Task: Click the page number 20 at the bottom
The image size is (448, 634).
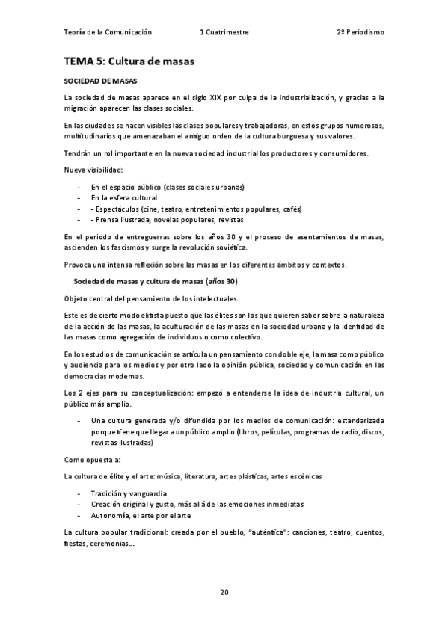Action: pos(224,592)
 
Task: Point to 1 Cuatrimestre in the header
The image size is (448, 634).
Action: pos(224,32)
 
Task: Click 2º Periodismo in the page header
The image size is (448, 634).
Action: pos(360,32)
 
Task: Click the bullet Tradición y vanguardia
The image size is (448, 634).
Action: pos(129,494)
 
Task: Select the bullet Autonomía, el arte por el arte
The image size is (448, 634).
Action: pos(141,516)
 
